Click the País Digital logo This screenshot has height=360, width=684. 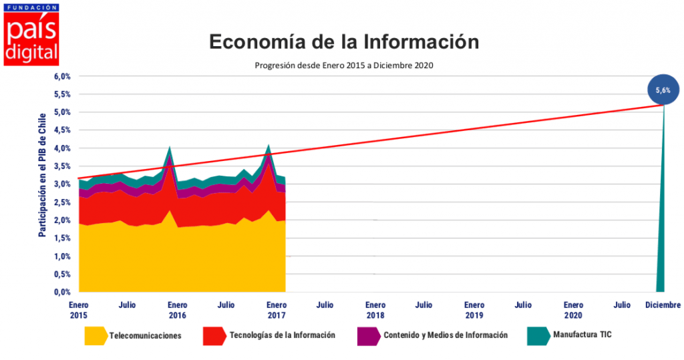tap(31, 35)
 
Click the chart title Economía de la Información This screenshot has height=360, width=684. tap(344, 41)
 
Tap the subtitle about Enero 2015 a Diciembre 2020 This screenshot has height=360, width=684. tap(345, 65)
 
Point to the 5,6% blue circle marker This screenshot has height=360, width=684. tap(663, 89)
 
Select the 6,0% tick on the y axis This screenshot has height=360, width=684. tap(62, 76)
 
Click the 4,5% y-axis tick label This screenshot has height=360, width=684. tap(62, 130)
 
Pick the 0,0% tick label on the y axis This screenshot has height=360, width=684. tap(62, 292)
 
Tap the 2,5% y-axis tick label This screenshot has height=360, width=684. tap(62, 202)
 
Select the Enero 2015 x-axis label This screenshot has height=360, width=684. tap(78, 309)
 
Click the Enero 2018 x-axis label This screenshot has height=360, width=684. tap(375, 309)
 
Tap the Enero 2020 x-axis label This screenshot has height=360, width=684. tap(573, 309)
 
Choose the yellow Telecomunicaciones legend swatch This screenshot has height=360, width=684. tap(96, 336)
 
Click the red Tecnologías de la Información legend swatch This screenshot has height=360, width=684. tap(214, 336)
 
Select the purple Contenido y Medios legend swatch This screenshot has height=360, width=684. tap(369, 336)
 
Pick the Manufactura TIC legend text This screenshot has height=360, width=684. tap(578, 335)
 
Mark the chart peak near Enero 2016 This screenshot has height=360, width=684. tap(170, 148)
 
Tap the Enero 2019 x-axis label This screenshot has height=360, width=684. tap(474, 309)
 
